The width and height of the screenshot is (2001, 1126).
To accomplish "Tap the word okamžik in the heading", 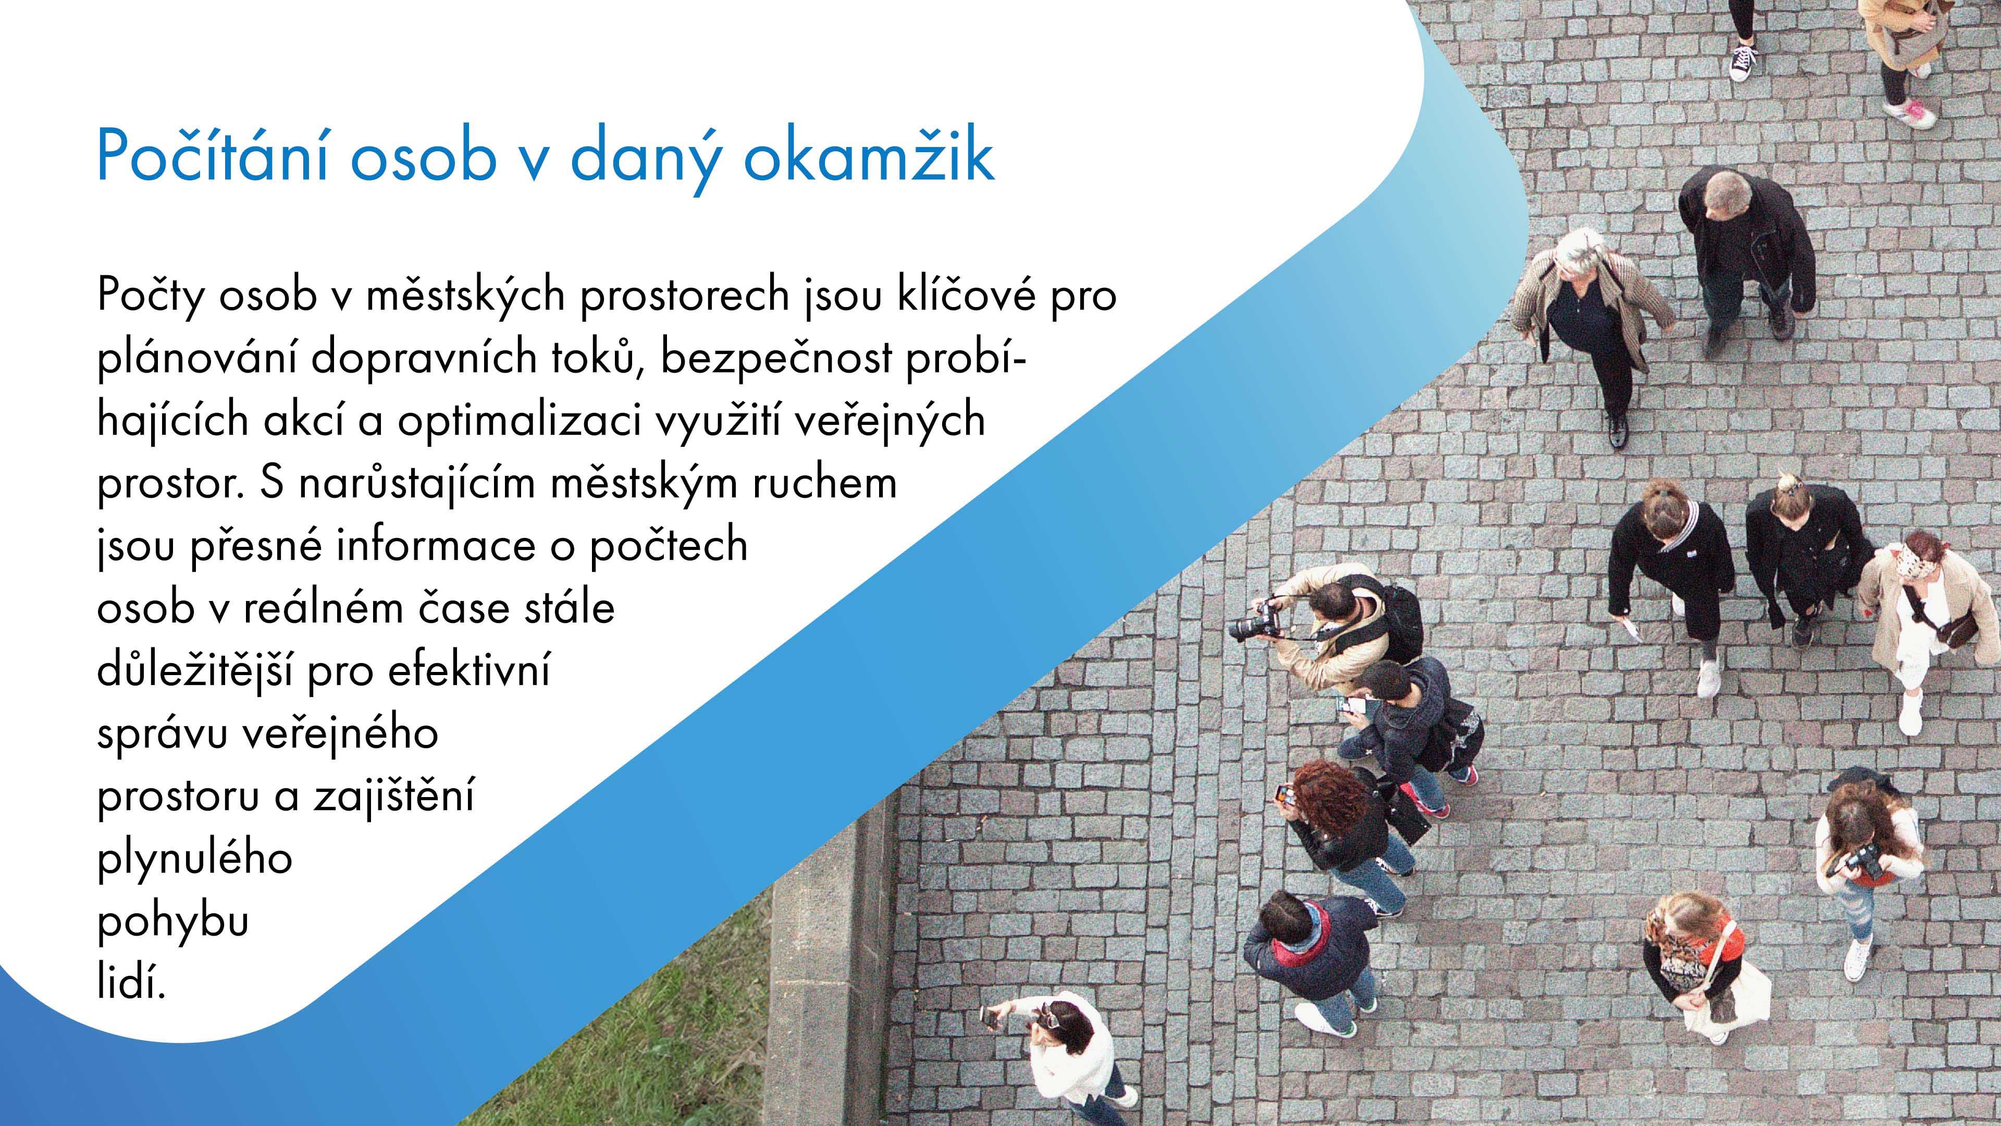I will click(869, 155).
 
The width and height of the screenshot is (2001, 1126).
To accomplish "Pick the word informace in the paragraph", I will click(436, 545).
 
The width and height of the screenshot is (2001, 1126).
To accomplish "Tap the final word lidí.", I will click(131, 983).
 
